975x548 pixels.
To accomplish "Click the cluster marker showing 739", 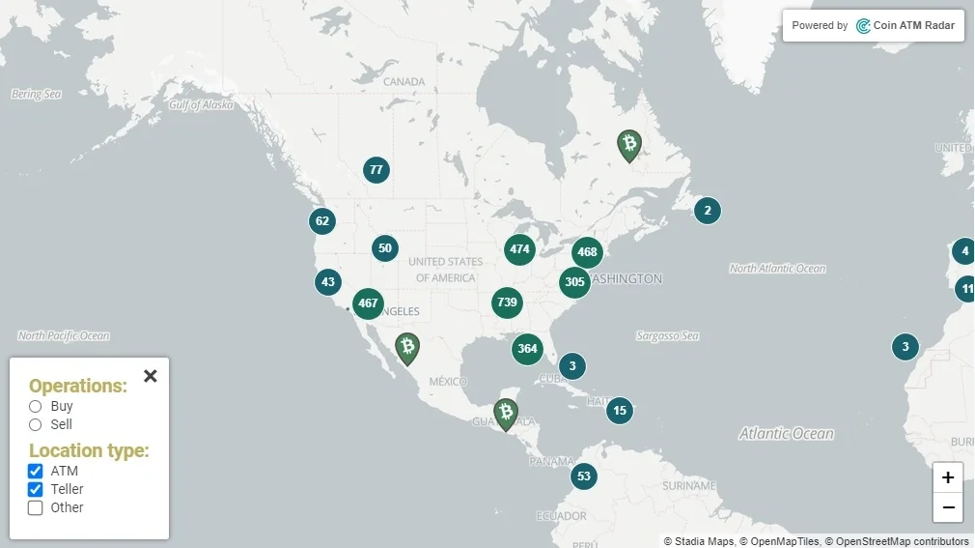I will click(x=507, y=303).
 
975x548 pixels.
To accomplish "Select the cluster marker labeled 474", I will click(x=519, y=249).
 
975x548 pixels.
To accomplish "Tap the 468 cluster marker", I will click(x=587, y=252).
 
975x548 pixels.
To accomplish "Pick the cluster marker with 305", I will click(x=574, y=282).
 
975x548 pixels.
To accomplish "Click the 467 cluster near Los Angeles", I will click(x=368, y=303).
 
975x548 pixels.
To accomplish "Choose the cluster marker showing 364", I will click(x=527, y=349).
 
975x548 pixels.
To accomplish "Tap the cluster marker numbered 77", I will click(x=376, y=170).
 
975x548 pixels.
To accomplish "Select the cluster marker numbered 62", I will click(x=322, y=221).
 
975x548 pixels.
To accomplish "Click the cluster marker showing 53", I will click(x=583, y=476).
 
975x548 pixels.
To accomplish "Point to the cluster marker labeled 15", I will click(x=620, y=411).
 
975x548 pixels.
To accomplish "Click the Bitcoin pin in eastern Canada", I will click(x=629, y=145).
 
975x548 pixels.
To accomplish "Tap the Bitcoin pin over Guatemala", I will click(x=506, y=414).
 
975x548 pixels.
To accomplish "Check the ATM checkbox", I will click(x=36, y=471).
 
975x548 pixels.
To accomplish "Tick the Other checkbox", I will click(x=36, y=507).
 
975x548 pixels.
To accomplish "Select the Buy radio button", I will click(x=36, y=406).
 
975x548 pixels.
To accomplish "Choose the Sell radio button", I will click(x=36, y=424).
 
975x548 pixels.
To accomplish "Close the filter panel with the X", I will click(x=151, y=376).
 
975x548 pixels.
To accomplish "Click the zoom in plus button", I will click(x=948, y=477).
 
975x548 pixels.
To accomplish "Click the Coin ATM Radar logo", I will click(x=905, y=26).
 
